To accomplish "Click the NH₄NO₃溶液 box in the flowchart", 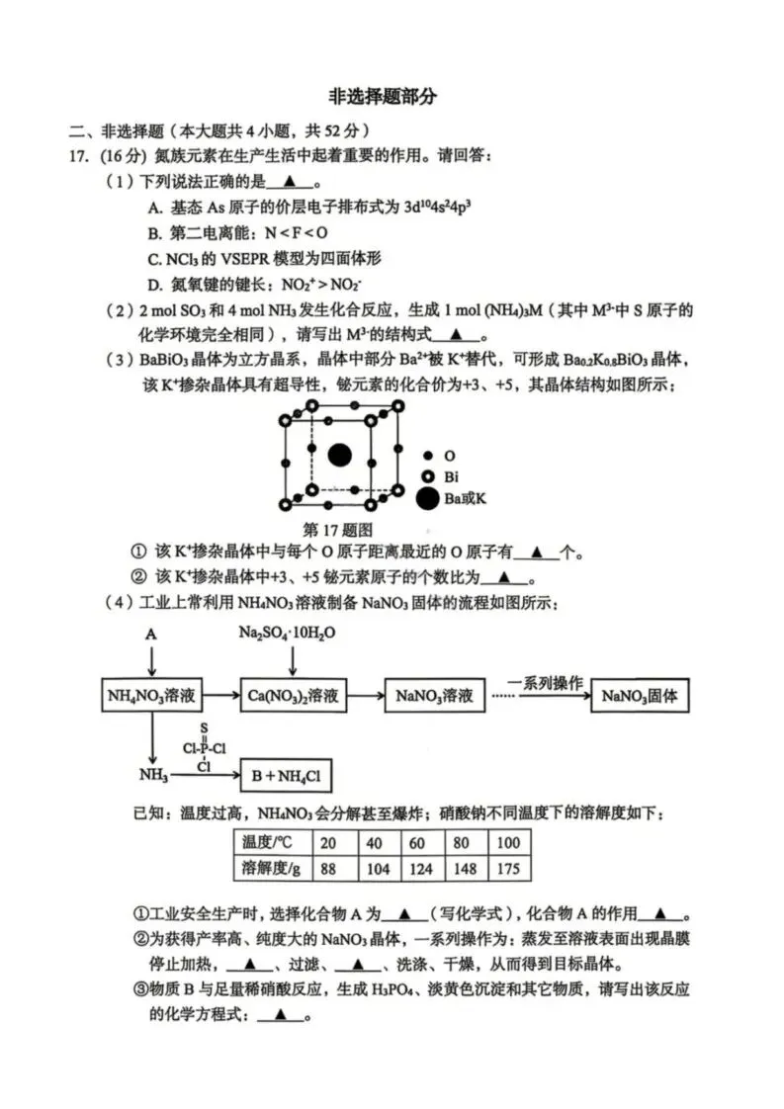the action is coord(152,696).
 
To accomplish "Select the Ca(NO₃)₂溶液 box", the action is coord(293,696).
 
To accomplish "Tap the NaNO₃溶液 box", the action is coord(435,696).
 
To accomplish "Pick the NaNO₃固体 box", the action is coord(639,696).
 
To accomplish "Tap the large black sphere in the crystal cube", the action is coord(339,455).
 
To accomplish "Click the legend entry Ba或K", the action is coord(465,499).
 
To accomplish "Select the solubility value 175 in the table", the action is coord(508,868).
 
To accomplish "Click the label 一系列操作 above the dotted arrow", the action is coord(545,683).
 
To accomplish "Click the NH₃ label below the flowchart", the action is coord(153,777).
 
